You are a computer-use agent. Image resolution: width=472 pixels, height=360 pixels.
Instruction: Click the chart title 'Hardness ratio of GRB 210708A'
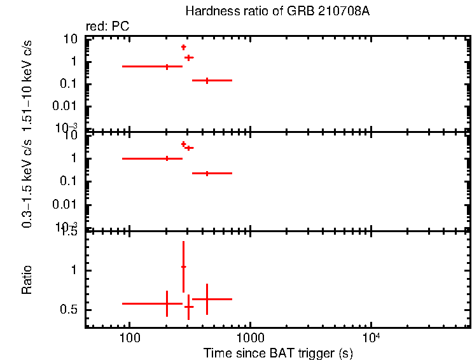[x=277, y=11]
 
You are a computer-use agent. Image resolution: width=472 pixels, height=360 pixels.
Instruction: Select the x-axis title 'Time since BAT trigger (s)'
[x=278, y=352]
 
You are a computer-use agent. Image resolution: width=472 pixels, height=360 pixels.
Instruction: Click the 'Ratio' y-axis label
[x=27, y=280]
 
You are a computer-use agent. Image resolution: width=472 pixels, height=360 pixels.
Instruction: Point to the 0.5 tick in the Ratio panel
[x=74, y=310]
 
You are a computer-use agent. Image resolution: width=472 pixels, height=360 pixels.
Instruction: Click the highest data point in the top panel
[x=184, y=47]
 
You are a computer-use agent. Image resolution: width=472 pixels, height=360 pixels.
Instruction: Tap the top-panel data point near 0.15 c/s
[x=207, y=81]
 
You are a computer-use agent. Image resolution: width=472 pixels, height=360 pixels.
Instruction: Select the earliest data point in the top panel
[x=167, y=66]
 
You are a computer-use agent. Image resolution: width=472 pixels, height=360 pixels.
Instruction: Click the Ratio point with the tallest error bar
[x=183, y=267]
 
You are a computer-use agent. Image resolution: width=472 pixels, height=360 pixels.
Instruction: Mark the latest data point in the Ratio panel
[x=207, y=299]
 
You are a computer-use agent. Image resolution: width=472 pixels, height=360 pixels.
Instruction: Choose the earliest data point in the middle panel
[x=167, y=158]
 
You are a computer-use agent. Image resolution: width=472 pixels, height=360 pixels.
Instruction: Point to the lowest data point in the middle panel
[x=207, y=173]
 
